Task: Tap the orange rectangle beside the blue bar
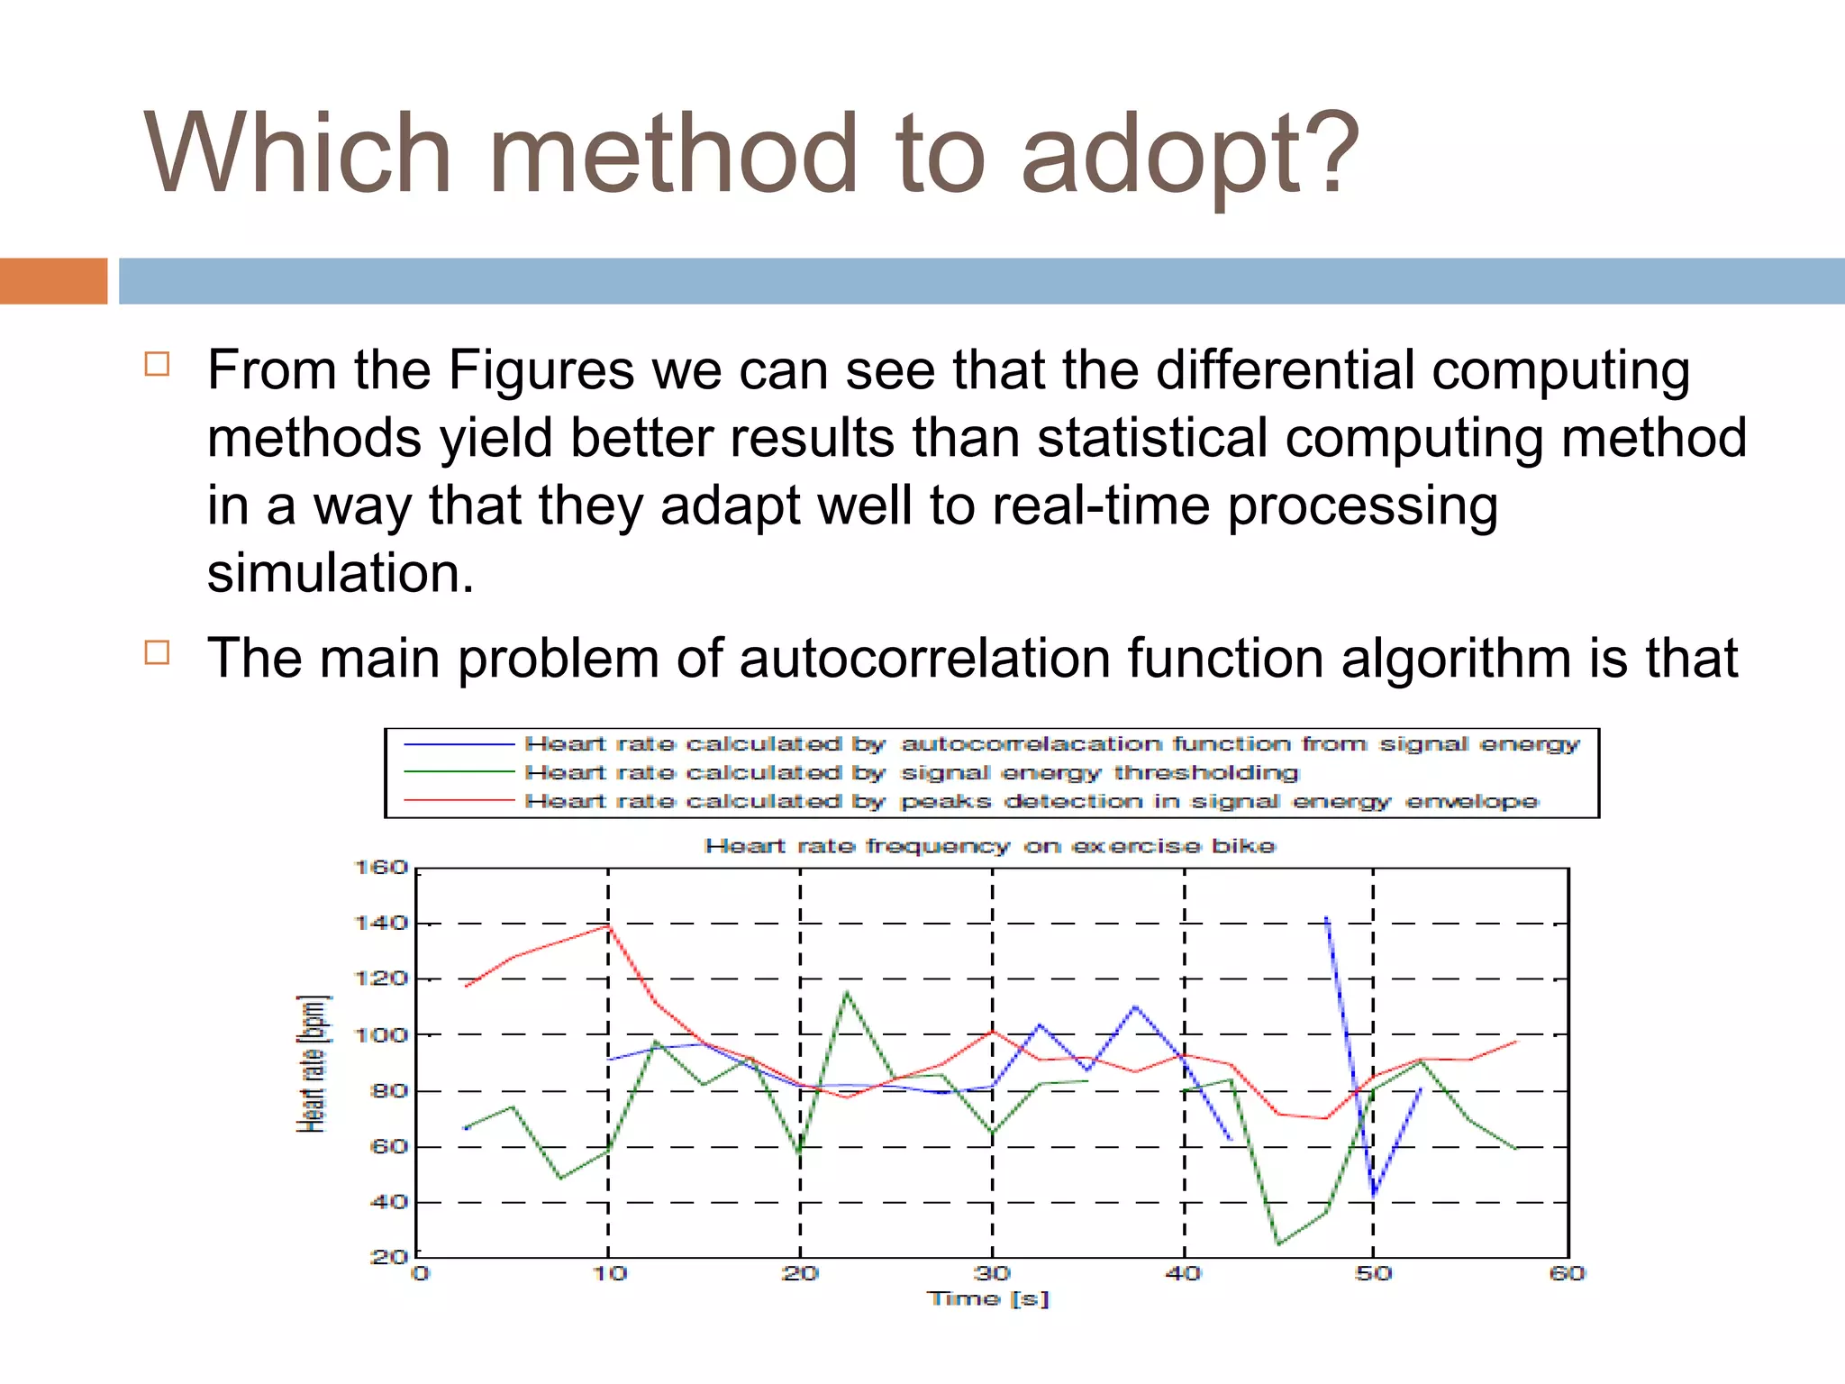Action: click(53, 281)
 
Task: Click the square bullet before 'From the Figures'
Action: click(157, 364)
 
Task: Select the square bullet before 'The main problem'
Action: click(157, 651)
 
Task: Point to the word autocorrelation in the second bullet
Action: click(923, 658)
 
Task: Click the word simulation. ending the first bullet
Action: click(340, 573)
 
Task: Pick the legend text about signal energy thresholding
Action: click(911, 773)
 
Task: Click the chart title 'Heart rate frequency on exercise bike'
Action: click(989, 846)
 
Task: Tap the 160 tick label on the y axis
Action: click(381, 868)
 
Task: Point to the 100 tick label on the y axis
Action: click(381, 1035)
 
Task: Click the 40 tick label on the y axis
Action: click(388, 1202)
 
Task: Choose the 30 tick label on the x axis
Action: click(992, 1273)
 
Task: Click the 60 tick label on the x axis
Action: click(1567, 1273)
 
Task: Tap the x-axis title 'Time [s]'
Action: click(989, 1298)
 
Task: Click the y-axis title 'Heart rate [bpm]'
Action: click(313, 1063)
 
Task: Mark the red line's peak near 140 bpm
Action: click(609, 925)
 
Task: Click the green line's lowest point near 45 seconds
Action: click(1278, 1244)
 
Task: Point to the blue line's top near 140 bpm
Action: click(1326, 918)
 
